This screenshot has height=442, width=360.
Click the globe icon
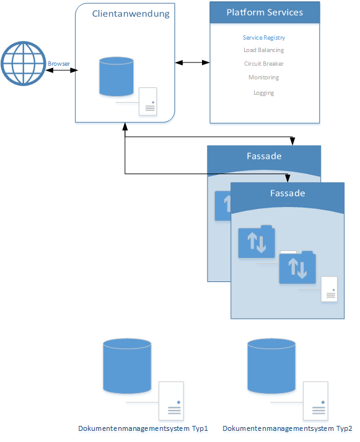[x=23, y=63]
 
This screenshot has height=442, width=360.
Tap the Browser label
[x=59, y=64]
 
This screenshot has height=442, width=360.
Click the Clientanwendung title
[x=131, y=14]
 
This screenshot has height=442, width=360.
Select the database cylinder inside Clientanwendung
[x=116, y=76]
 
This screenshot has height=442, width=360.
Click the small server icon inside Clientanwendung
[x=148, y=102]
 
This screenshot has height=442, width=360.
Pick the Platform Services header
[x=265, y=12]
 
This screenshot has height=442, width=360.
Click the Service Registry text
[x=264, y=37]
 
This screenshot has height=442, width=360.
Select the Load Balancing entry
[x=264, y=50]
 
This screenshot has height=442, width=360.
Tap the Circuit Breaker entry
[x=264, y=64]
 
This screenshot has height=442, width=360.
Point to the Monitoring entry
[x=264, y=77]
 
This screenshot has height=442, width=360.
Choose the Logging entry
[x=264, y=93]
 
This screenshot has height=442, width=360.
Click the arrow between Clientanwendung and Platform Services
[x=193, y=63]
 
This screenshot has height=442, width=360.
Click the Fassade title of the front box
[x=288, y=193]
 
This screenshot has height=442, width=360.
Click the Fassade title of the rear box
[x=264, y=156]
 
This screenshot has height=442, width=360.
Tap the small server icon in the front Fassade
[x=329, y=289]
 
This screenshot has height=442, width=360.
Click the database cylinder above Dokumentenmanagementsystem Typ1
[x=127, y=366]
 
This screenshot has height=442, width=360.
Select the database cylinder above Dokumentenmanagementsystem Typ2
[x=271, y=366]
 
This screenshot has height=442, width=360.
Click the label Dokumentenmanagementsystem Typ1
[x=143, y=429]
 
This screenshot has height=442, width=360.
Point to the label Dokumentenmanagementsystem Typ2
[x=288, y=429]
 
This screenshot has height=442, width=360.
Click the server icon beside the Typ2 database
[x=315, y=401]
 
